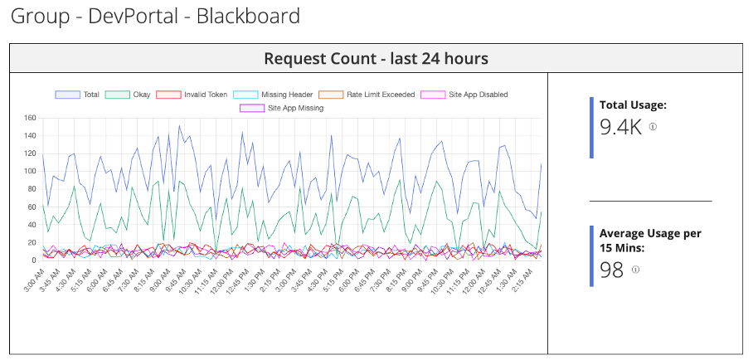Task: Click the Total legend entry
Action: [77, 95]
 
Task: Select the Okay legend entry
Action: [127, 95]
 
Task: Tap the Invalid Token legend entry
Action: [191, 95]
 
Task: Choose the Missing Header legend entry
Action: [273, 95]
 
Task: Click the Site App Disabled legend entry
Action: [464, 95]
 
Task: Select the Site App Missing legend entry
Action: [281, 108]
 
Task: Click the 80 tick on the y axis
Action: [32, 189]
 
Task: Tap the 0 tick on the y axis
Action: [34, 260]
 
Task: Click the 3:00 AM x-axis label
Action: [35, 280]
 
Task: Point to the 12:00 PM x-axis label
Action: [222, 281]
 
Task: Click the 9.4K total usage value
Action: [620, 128]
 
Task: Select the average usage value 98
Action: [611, 270]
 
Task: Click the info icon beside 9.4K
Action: [653, 127]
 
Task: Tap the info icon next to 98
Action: [635, 270]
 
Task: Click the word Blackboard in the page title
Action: [248, 17]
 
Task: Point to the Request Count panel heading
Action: [376, 59]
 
